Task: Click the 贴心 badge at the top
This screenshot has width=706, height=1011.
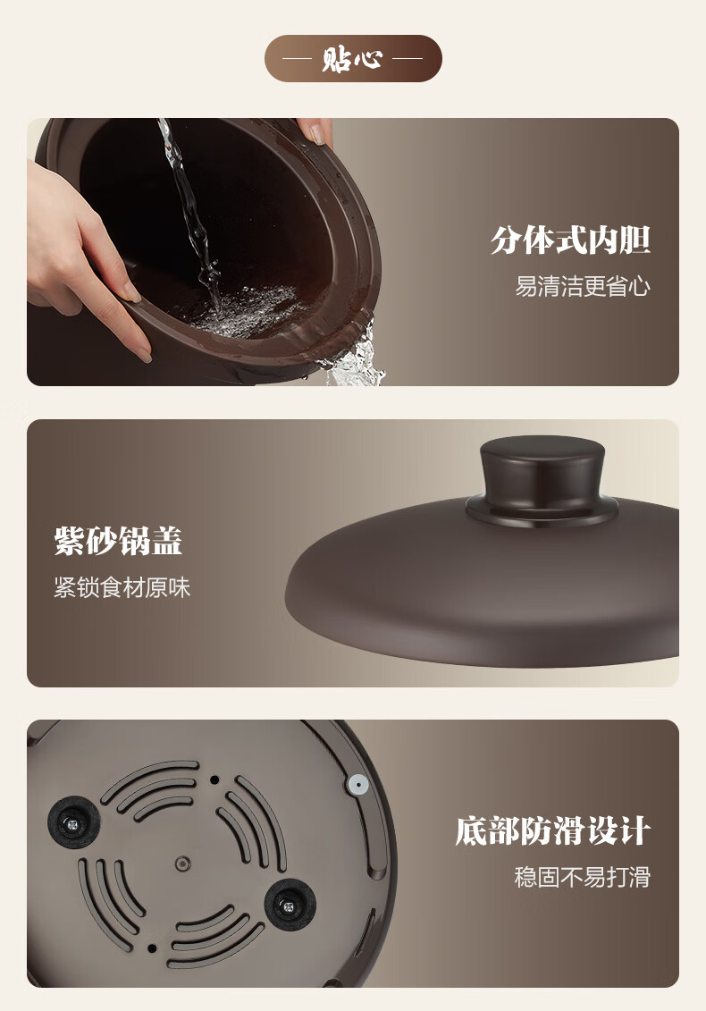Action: [353, 59]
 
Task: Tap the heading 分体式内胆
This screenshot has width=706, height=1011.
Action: [570, 240]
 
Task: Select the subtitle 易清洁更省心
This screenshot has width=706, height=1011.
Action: [582, 286]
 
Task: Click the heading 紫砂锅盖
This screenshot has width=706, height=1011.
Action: [119, 541]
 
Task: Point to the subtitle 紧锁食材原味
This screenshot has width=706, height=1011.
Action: [122, 587]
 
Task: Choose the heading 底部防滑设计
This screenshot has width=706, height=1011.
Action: [552, 830]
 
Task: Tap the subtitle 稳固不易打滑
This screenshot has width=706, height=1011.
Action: [582, 877]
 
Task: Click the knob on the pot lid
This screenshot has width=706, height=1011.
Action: [542, 478]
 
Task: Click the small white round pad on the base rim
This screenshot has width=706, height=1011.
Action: [357, 785]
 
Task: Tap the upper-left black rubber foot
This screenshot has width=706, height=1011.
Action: [73, 822]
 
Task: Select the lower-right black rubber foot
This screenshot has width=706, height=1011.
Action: [290, 904]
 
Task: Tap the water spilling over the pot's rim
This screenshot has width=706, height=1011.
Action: [356, 355]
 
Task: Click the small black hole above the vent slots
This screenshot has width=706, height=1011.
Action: [214, 779]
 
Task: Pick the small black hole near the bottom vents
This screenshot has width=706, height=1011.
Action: [152, 948]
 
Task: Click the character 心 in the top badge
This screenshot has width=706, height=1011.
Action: [369, 59]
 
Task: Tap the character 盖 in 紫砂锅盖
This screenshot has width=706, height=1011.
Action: [167, 541]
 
